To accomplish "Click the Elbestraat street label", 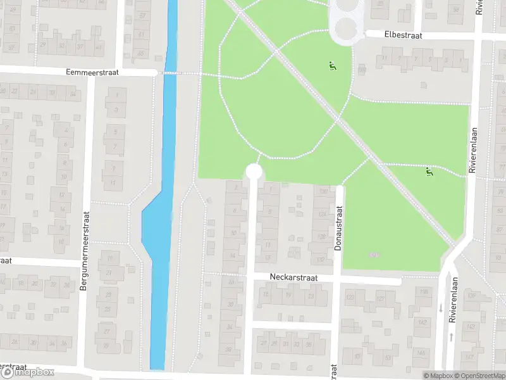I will [x=404, y=36].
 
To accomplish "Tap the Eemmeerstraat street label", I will [x=92, y=73].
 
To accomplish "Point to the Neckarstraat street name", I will [x=292, y=277].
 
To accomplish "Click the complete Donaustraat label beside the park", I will [x=338, y=227].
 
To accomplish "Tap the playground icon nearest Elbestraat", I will [x=331, y=65].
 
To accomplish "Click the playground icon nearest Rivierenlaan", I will [x=429, y=170].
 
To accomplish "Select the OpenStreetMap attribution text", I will [x=481, y=376].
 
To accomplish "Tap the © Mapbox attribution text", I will [x=439, y=376].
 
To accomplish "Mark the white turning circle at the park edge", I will [x=254, y=171].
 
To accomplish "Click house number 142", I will [x=421, y=322].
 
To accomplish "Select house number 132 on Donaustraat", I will [x=321, y=259].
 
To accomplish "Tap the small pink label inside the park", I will [x=374, y=255].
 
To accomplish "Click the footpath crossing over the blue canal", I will [x=169, y=73].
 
